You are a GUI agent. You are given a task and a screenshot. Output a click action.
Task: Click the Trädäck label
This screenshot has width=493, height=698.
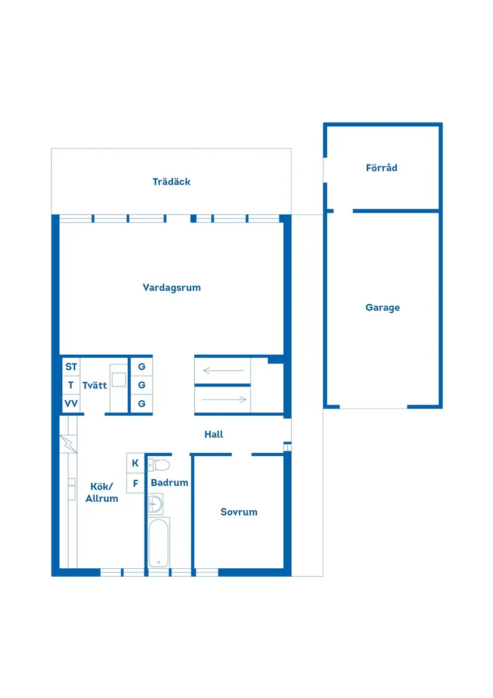click(x=172, y=182)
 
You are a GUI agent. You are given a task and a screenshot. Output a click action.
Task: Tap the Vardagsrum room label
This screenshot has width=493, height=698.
click(x=172, y=288)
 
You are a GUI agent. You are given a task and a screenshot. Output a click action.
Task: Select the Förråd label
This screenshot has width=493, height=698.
click(x=381, y=167)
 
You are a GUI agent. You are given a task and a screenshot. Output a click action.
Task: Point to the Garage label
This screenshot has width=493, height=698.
click(x=382, y=307)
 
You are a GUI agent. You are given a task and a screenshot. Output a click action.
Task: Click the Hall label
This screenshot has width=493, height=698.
click(x=213, y=434)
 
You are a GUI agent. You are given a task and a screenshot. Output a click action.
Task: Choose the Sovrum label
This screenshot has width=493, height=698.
click(x=239, y=512)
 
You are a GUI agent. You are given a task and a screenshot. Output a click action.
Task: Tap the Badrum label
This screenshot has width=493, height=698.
click(x=170, y=483)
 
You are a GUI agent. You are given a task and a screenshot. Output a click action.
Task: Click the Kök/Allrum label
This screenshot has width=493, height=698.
click(x=102, y=492)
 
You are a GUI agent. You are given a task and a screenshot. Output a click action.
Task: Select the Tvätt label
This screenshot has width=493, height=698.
click(x=95, y=386)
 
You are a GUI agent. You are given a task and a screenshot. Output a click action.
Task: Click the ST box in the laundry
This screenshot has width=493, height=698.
click(x=71, y=367)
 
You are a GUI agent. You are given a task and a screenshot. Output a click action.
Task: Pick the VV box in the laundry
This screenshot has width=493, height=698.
click(x=71, y=404)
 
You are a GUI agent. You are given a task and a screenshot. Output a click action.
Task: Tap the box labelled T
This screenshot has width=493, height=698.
click(x=71, y=385)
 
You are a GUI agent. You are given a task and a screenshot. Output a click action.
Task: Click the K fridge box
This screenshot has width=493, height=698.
click(x=135, y=464)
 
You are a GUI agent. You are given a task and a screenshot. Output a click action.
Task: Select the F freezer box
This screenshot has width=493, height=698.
click(x=135, y=483)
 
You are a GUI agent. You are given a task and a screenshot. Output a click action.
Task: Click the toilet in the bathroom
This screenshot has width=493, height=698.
click(x=159, y=465)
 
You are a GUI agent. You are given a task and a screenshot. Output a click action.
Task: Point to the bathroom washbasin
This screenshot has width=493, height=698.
click(x=155, y=504)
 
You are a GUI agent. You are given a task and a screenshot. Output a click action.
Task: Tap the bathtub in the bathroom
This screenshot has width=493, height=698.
click(x=158, y=542)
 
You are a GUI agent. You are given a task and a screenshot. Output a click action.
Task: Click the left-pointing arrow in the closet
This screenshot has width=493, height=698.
click(x=224, y=370)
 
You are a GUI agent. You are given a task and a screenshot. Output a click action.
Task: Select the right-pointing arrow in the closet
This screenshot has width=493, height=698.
click(x=224, y=400)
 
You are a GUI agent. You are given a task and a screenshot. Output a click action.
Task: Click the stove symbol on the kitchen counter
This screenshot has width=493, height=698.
click(x=68, y=444)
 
